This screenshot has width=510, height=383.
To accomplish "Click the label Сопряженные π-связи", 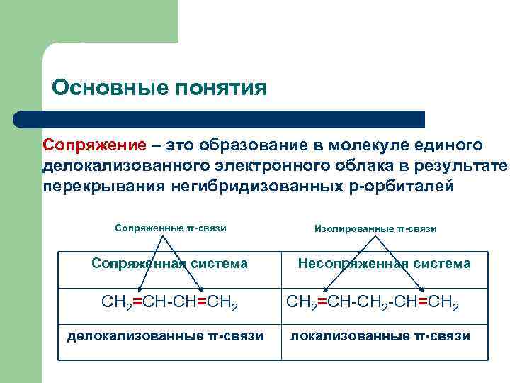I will pyautogui.click(x=170, y=228).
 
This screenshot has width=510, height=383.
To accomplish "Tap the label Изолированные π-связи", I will pyautogui.click(x=375, y=228).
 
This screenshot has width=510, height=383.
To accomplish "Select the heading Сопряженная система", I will pyautogui.click(x=170, y=264).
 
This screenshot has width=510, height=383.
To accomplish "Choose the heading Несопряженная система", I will pyautogui.click(x=384, y=264).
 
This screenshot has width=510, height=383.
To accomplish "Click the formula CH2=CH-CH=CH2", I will pyautogui.click(x=169, y=306).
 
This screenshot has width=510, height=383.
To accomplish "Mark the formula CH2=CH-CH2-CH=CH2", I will pyautogui.click(x=373, y=306).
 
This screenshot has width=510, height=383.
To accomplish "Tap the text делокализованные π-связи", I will pyautogui.click(x=165, y=335).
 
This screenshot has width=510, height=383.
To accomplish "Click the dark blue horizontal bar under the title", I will pyautogui.click(x=220, y=118).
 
